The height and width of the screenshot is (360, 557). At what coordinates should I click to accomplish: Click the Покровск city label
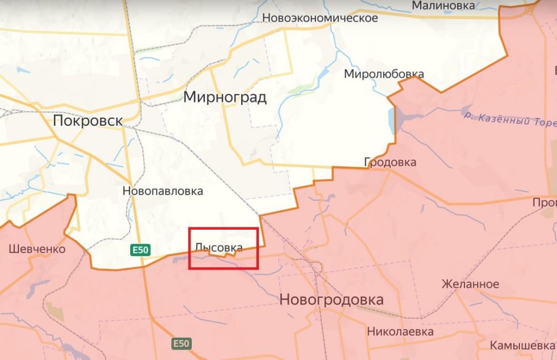[x=88, y=120]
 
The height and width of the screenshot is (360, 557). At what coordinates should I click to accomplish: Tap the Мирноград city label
[x=224, y=98]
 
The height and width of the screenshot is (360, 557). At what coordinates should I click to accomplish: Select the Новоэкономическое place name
[x=320, y=18]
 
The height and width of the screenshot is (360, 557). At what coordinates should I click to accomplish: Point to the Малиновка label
[x=443, y=6]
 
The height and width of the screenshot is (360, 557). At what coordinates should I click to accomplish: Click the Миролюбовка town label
[x=384, y=74]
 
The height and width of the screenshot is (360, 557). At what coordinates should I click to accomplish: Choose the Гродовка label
[x=390, y=162]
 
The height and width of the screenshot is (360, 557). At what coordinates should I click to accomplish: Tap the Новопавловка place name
[x=162, y=191]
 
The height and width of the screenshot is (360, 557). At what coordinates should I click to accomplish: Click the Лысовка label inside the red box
[x=218, y=247]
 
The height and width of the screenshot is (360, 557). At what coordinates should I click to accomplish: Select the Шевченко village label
[x=37, y=249]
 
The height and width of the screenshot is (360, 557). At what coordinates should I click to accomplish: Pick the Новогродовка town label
[x=331, y=300]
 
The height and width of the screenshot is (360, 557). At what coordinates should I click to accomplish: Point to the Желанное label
[x=470, y=284]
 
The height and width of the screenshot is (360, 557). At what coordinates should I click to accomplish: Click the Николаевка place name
[x=400, y=331]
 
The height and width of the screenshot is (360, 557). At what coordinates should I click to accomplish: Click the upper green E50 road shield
[x=140, y=251]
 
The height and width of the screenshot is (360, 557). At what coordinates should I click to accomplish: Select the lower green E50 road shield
[x=181, y=343]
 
